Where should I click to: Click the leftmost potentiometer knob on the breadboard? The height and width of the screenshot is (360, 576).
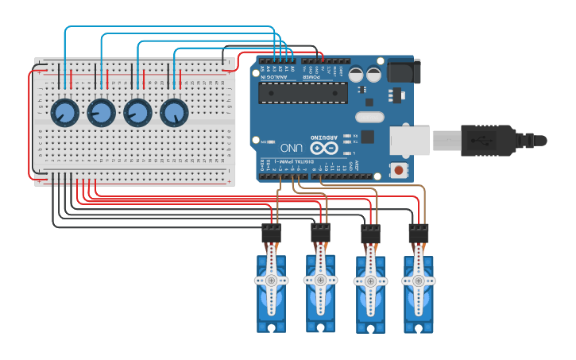pos(64,113)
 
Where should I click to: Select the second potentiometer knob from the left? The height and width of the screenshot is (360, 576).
pos(101,113)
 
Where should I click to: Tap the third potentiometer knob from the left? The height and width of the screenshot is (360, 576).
pos(137,113)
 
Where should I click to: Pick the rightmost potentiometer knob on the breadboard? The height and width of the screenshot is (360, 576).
pos(174,113)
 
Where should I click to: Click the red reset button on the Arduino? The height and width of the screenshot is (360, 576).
pos(397,169)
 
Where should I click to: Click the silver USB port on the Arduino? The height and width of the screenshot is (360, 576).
pos(409,141)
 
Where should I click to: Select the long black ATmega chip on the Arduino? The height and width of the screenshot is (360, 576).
pos(303,93)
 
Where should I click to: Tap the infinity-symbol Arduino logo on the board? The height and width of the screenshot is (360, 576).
pos(323,147)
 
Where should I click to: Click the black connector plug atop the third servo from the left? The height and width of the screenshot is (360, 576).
pos(370,234)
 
